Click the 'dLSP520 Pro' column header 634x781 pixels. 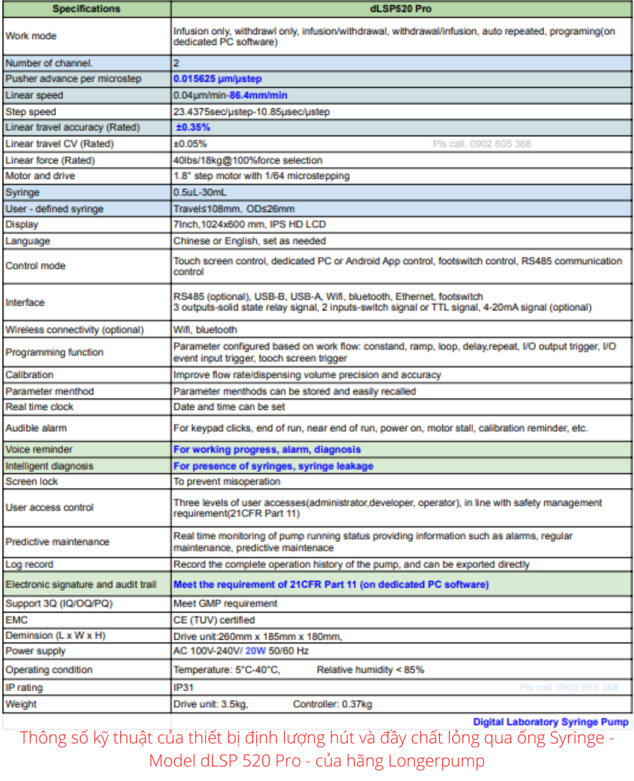pos(401,9)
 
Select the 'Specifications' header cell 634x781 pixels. pos(87,9)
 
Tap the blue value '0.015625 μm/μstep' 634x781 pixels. pos(217,79)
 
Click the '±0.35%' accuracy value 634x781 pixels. pos(193,127)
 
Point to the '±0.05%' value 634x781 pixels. pos(190,144)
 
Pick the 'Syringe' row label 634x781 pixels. pos(22,193)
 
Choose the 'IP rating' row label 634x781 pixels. pos(24,687)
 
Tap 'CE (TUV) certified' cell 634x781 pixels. pos(214,620)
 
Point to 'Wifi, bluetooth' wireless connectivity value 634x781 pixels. pos(205,329)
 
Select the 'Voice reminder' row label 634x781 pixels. pos(39,450)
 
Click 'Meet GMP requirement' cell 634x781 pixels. pos(225,603)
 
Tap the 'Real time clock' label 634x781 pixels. pos(39,407)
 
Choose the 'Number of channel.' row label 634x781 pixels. pos(49,63)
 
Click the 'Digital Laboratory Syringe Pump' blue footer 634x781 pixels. pos(551,722)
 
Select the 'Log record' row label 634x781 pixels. pos(30,564)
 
